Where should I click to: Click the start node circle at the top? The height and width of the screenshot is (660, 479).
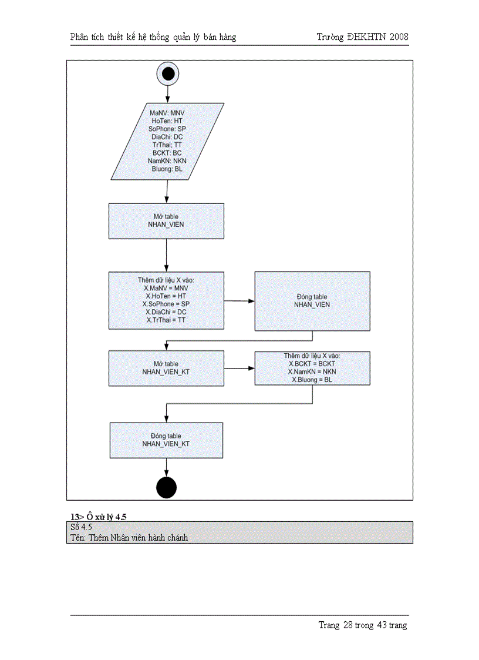[167, 74]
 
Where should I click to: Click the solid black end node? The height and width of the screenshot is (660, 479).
[166, 487]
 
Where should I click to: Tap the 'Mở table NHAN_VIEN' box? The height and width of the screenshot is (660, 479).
[166, 221]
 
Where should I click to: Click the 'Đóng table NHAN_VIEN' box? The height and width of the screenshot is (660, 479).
[312, 301]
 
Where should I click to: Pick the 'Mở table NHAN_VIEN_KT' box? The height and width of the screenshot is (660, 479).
[166, 368]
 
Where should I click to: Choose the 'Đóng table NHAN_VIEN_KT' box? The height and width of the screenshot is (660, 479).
[166, 440]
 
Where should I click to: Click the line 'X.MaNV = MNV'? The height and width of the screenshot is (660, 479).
[166, 289]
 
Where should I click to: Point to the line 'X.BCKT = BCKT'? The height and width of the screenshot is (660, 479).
[312, 364]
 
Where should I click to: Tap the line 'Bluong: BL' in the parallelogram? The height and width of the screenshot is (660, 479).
[167, 169]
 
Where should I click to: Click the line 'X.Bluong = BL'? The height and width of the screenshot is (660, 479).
[312, 380]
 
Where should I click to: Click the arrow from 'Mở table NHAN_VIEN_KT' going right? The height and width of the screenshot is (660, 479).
[239, 368]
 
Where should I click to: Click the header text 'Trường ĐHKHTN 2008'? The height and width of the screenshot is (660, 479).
[362, 37]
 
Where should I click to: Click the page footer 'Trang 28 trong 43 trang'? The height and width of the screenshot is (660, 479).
[362, 625]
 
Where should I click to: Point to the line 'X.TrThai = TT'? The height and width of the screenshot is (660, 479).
[166, 320]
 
